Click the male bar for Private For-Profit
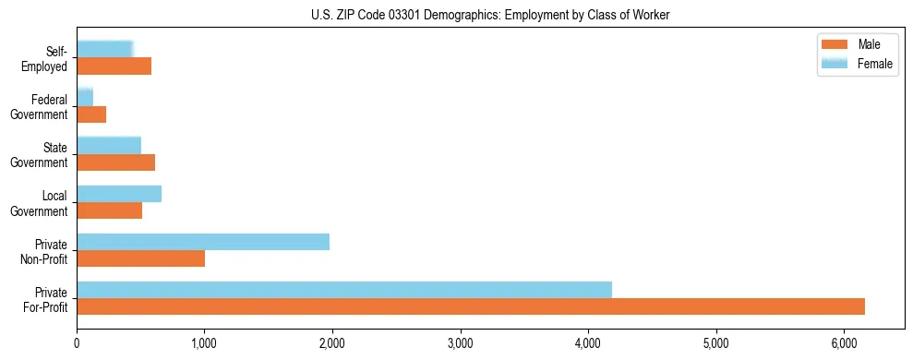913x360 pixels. click(x=471, y=306)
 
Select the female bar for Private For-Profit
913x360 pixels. click(x=344, y=290)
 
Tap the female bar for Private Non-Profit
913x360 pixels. click(x=203, y=242)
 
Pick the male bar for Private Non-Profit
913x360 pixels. click(x=140, y=258)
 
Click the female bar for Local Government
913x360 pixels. click(x=119, y=194)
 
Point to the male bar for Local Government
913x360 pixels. click(x=109, y=210)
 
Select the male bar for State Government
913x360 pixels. click(x=115, y=162)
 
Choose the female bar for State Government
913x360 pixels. click(x=109, y=145)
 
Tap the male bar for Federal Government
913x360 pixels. click(x=91, y=114)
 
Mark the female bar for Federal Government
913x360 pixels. click(x=85, y=97)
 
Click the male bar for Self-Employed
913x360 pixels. click(x=114, y=66)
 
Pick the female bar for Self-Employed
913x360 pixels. click(x=105, y=49)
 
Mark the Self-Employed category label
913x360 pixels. click(x=47, y=59)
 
